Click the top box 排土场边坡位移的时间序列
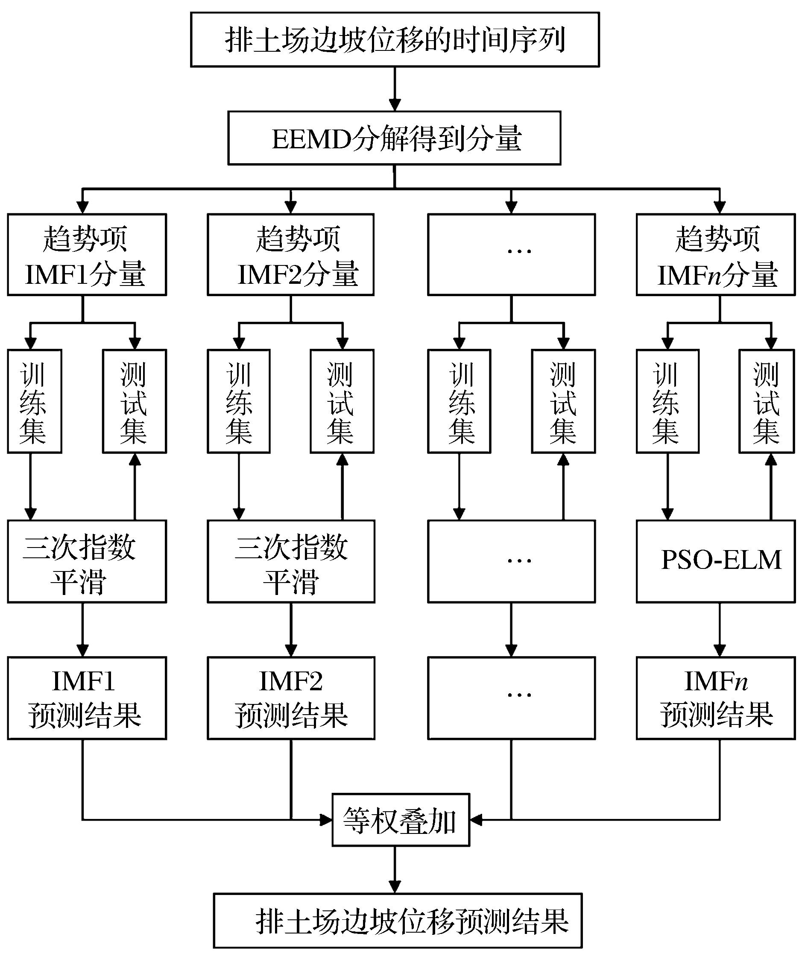click(395, 40)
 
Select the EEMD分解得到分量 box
click(395, 138)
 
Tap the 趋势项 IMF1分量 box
click(87, 255)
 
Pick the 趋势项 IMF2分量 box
click(290, 255)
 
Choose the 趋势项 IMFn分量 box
click(715, 255)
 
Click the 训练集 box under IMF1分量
click(34, 401)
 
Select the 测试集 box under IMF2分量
click(342, 401)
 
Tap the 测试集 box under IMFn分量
click(767, 401)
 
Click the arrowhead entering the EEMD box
click(395, 104)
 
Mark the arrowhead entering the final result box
click(395, 886)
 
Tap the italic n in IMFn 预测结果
click(741, 682)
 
